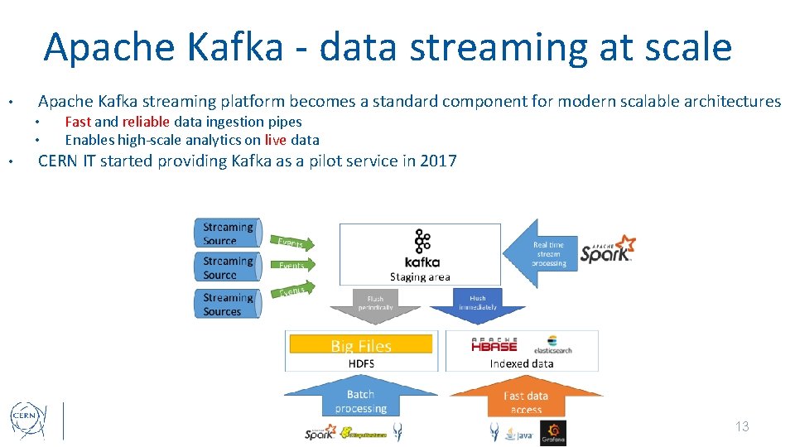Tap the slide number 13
coord(741,426)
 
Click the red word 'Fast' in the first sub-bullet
coord(78,122)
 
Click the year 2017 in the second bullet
coord(438,161)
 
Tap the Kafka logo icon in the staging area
coord(422,243)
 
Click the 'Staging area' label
coord(420,277)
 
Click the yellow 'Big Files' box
coord(360,345)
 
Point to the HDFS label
coord(360,363)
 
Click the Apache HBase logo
coord(494,344)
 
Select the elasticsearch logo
coord(553,345)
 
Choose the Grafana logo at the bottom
coord(552,432)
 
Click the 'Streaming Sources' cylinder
coord(229,305)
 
